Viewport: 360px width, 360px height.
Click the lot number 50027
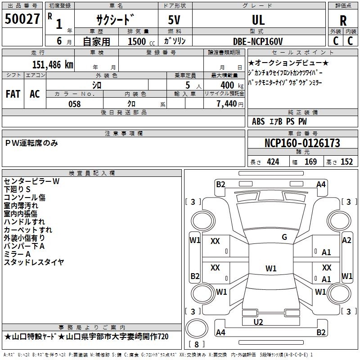click(x=22, y=19)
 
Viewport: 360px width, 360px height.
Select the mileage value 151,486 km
click(x=53, y=65)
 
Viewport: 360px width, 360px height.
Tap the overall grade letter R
click(x=343, y=21)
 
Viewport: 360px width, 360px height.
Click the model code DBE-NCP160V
click(x=258, y=41)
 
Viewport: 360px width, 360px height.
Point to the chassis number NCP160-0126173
click(x=302, y=143)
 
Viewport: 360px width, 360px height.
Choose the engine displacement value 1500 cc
click(x=141, y=41)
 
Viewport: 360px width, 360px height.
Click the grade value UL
click(x=258, y=20)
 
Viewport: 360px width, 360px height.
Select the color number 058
click(x=75, y=104)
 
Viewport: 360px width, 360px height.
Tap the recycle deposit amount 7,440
click(x=227, y=104)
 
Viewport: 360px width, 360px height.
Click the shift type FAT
click(x=13, y=94)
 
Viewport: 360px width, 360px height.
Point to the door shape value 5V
click(x=174, y=20)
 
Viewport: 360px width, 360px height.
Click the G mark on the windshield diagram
click(x=284, y=237)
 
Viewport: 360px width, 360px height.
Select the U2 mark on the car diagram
click(x=258, y=322)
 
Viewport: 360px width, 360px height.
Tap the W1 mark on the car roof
click(x=271, y=268)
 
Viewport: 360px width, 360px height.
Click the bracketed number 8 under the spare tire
click(x=197, y=344)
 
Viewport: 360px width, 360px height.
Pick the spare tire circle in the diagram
click(x=197, y=328)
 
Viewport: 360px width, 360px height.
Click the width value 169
click(x=310, y=162)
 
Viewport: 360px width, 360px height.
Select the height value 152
click(x=346, y=162)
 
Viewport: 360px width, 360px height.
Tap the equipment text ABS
click(x=258, y=121)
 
